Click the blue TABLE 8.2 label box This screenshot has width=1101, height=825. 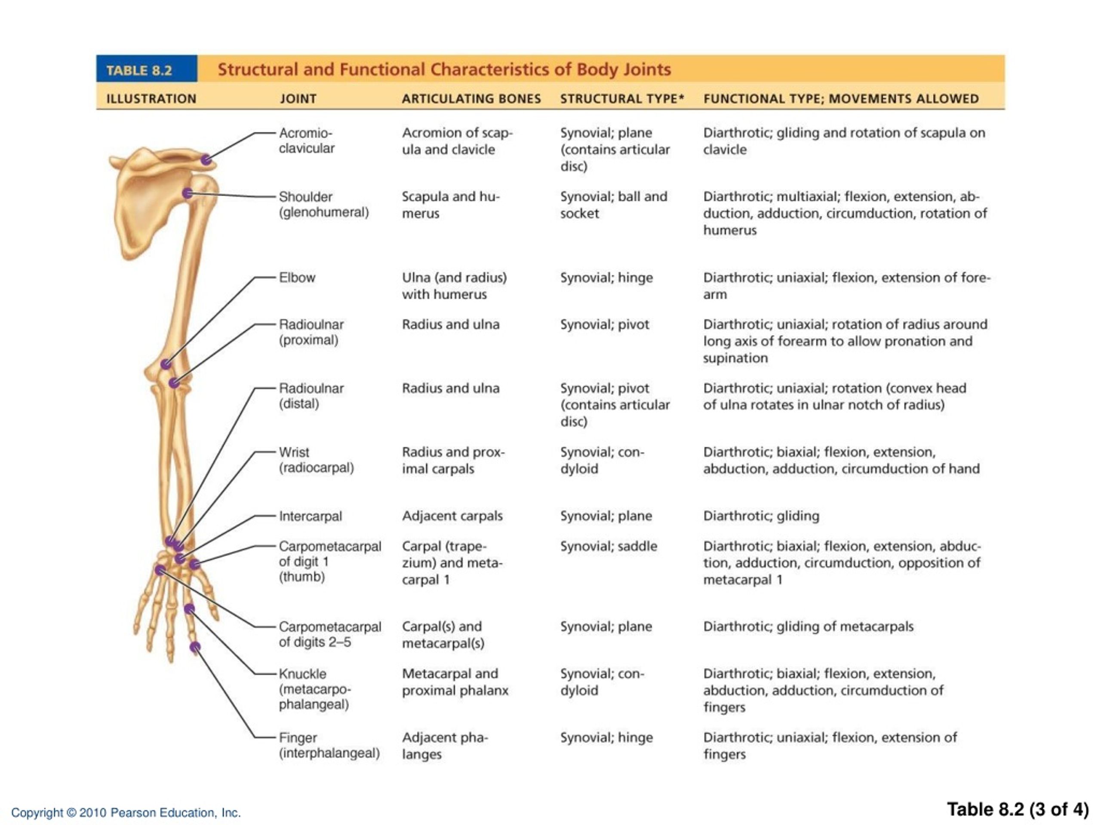[147, 69]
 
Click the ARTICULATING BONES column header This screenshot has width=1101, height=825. [471, 99]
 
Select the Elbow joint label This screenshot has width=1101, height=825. [297, 278]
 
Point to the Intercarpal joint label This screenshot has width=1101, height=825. [310, 516]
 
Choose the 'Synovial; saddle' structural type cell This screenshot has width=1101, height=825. [609, 546]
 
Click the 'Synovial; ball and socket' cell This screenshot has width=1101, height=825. [614, 205]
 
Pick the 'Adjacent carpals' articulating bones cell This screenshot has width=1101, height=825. [452, 516]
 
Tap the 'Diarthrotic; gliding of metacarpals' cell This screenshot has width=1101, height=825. [808, 626]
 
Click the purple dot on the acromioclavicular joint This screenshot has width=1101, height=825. [206, 160]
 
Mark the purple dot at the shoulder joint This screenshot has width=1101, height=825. [188, 193]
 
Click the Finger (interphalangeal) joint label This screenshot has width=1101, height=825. [329, 746]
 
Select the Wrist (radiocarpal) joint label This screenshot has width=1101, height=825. [316, 460]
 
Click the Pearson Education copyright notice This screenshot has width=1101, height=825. [126, 813]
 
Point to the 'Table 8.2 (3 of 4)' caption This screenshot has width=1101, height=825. [1018, 810]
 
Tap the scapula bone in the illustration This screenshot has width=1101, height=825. [149, 204]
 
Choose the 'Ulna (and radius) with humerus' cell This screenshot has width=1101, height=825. [455, 286]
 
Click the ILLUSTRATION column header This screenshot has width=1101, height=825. [151, 99]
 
